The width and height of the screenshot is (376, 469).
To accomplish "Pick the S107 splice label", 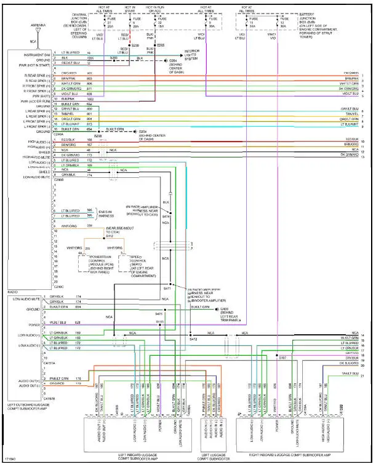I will pos(282,358).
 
